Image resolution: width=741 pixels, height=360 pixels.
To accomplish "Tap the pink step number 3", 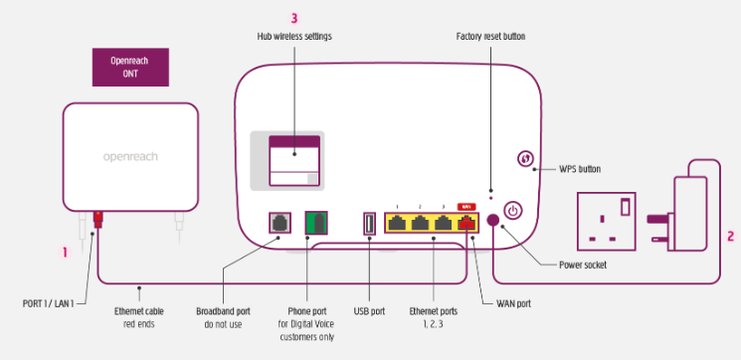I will tap(293, 17).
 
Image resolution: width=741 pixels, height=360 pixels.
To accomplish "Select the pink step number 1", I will tap(65, 253).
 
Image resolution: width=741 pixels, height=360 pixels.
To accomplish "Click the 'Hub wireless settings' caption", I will tap(294, 37).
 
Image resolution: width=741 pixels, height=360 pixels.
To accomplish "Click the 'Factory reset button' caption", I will tap(490, 37).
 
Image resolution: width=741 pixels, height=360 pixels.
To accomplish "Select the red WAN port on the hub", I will tap(466, 223).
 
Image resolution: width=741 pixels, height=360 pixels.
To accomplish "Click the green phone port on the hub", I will tap(317, 223).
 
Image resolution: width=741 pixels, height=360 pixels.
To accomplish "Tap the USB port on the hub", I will tap(369, 223).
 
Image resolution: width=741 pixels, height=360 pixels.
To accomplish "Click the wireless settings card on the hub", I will tap(294, 161).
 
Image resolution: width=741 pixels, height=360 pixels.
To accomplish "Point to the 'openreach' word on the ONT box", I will tap(131, 156).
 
